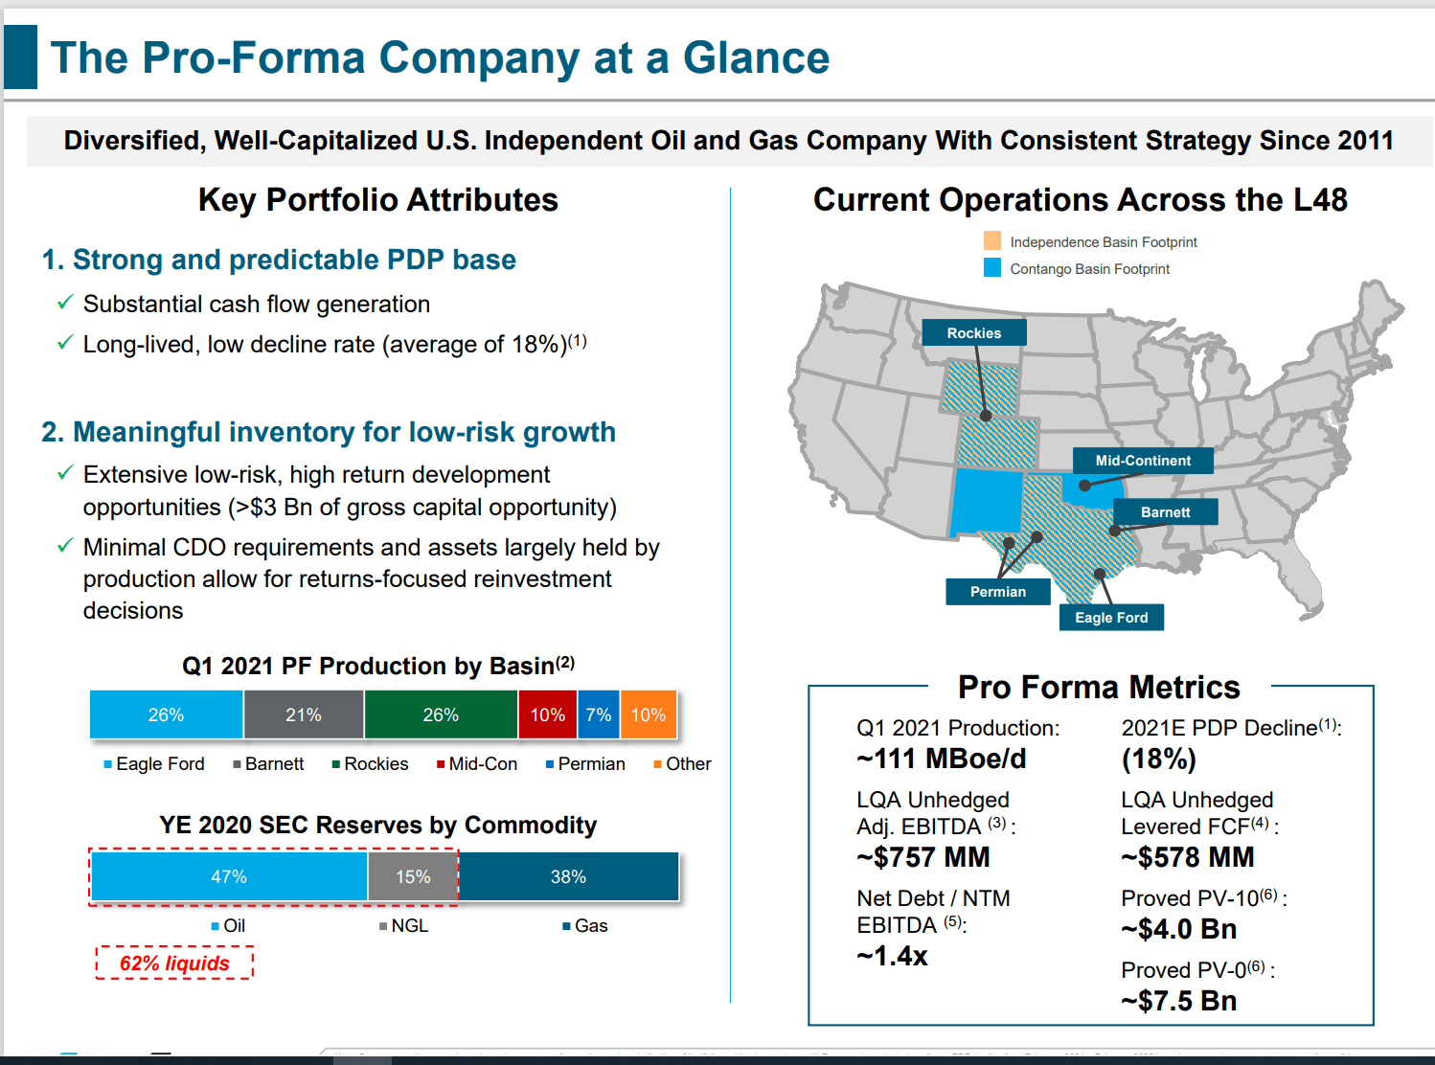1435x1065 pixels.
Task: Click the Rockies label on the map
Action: tap(973, 333)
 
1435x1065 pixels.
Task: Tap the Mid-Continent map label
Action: tap(1142, 461)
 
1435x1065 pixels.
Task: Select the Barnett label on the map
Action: tap(1165, 512)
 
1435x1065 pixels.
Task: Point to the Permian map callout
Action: tap(997, 592)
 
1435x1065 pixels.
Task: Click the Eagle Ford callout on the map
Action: tap(1111, 618)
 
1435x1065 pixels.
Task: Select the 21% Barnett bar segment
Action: tap(304, 715)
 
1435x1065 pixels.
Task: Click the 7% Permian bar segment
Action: tap(599, 715)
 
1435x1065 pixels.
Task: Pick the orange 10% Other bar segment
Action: tap(649, 715)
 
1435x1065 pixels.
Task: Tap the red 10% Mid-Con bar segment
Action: tap(548, 715)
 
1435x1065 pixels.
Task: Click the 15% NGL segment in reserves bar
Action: tap(413, 877)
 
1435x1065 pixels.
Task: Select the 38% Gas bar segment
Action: tap(568, 877)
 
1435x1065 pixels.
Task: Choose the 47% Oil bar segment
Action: tap(229, 877)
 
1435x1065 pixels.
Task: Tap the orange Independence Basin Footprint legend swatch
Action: tap(992, 240)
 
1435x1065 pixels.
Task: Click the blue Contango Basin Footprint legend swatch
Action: tap(992, 267)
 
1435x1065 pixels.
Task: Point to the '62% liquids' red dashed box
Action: tap(174, 963)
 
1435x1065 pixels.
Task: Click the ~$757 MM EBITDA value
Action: tap(923, 857)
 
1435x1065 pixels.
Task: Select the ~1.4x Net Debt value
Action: tap(892, 956)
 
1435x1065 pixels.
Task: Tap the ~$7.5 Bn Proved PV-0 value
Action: tap(1179, 1001)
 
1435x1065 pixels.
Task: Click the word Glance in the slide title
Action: tap(756, 57)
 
